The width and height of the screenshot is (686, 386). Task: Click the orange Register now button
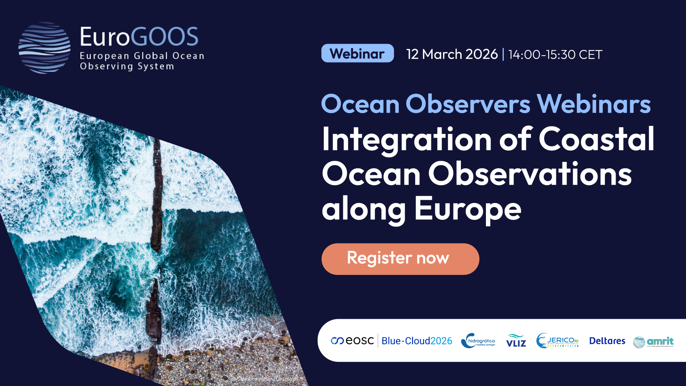coord(400,259)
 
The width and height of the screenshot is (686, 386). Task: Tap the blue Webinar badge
coord(357,54)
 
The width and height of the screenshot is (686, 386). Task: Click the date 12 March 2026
coord(452,54)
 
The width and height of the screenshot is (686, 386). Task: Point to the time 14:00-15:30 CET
coord(555,55)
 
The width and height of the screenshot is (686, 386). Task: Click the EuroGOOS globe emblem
coord(44,48)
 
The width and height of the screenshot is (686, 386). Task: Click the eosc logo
coord(352,341)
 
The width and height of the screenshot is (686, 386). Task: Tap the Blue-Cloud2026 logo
coord(417,341)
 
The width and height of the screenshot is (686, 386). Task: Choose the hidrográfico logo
coord(478,341)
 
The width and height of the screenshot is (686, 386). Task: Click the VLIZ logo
coord(516,341)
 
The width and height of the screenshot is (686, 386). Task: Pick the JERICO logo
coord(557,341)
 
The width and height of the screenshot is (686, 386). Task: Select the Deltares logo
coord(607,341)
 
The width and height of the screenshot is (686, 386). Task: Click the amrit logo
coord(653,342)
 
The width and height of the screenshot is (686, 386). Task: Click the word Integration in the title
coord(407,140)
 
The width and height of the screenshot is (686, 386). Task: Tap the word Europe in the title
coord(468,209)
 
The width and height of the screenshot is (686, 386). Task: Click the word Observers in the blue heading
coord(468,104)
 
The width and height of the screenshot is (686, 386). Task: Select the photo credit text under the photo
coord(264,379)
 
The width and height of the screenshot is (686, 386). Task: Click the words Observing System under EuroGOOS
coord(127,66)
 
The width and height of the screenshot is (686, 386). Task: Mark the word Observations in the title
coord(530,174)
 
